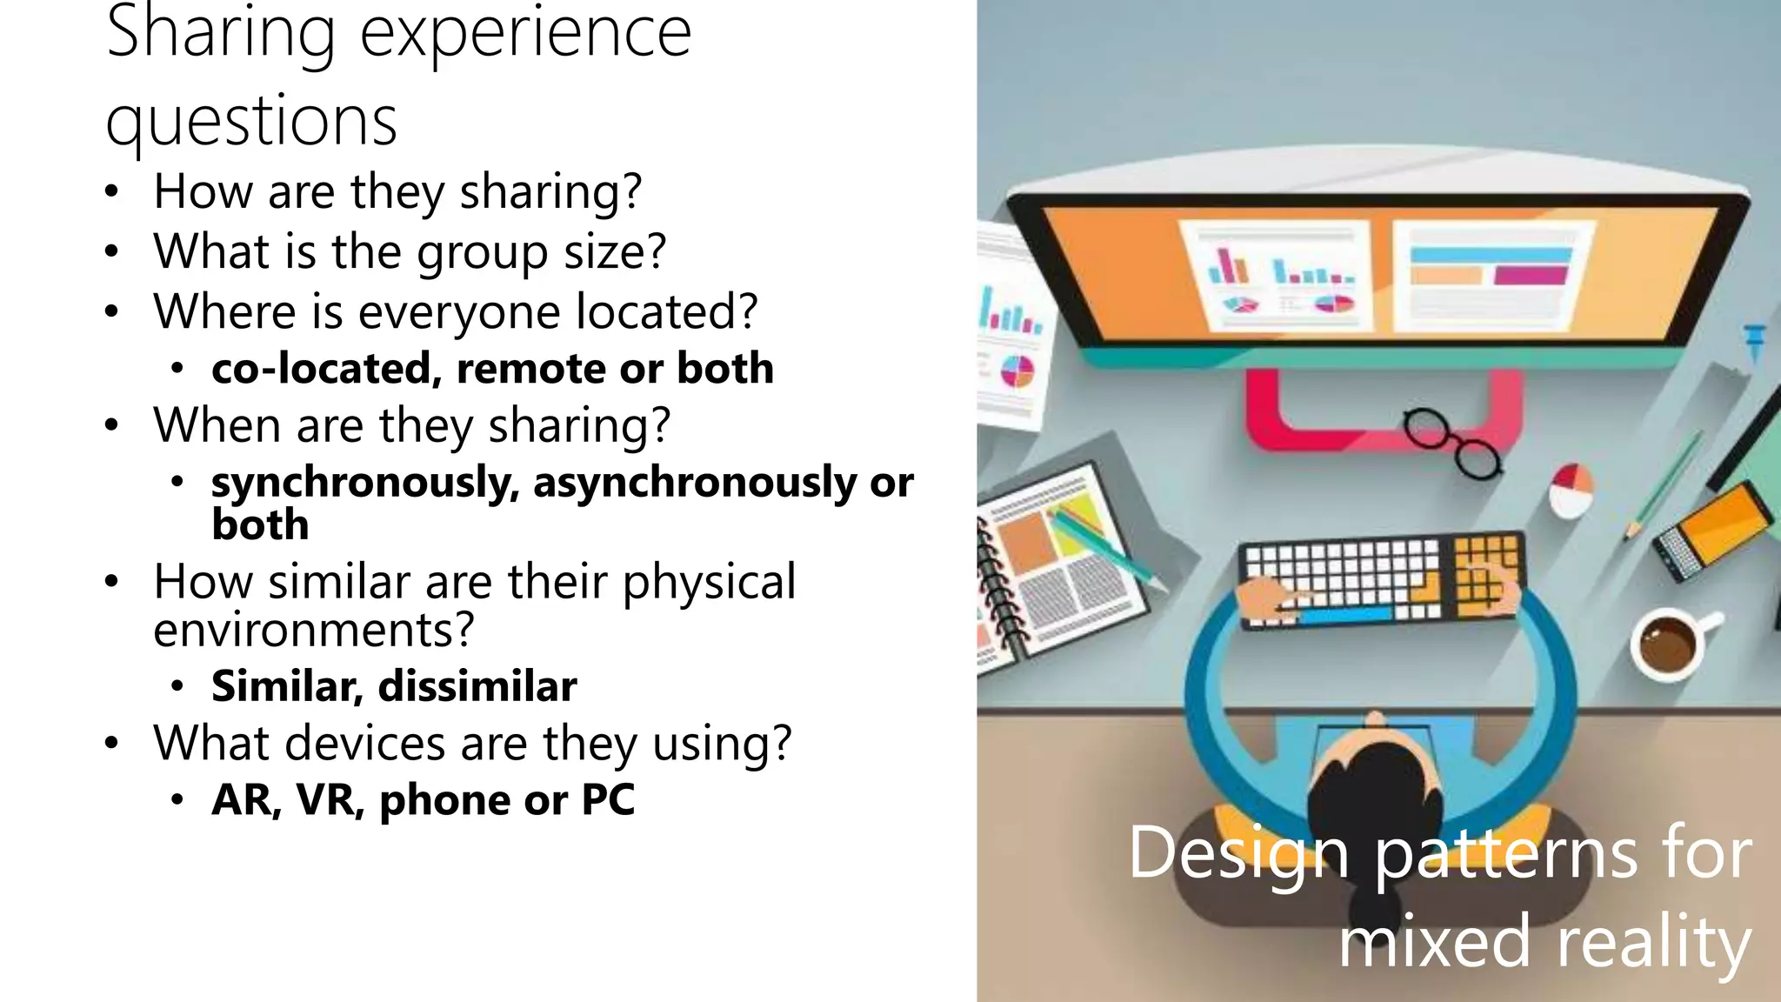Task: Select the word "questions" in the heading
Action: coord(251,121)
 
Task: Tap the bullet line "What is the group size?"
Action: coord(410,251)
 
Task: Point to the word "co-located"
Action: coord(322,368)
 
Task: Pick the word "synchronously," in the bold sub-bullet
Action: coord(365,483)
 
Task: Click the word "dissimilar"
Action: coord(477,686)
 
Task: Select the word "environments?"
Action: coord(314,630)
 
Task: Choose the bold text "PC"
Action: coord(608,799)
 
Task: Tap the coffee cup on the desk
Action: coord(1668,644)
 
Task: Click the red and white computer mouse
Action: coord(1571,491)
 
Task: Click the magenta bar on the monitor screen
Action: coord(1531,277)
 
